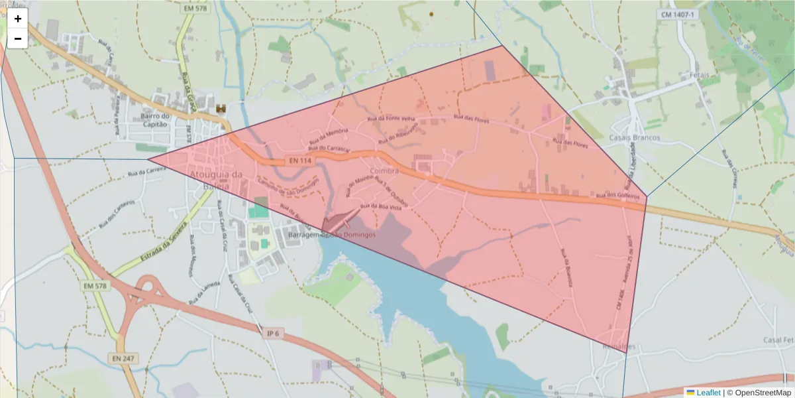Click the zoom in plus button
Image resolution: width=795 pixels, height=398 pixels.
[18, 19]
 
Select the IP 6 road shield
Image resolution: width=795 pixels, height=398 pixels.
[272, 333]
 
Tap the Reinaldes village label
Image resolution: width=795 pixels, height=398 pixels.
[619, 346]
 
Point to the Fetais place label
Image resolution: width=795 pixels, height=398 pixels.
[699, 74]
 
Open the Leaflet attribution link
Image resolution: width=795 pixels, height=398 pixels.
[708, 393]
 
